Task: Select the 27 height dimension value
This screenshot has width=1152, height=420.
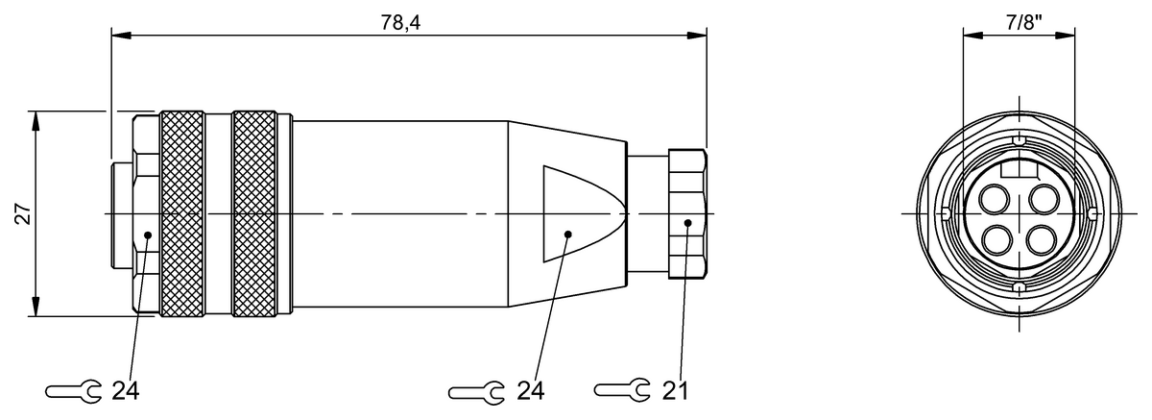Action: (x=21, y=213)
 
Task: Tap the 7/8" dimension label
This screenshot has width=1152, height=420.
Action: (x=1018, y=18)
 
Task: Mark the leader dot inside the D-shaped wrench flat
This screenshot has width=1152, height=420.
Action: (x=568, y=234)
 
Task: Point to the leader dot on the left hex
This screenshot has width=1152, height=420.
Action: (x=147, y=234)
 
